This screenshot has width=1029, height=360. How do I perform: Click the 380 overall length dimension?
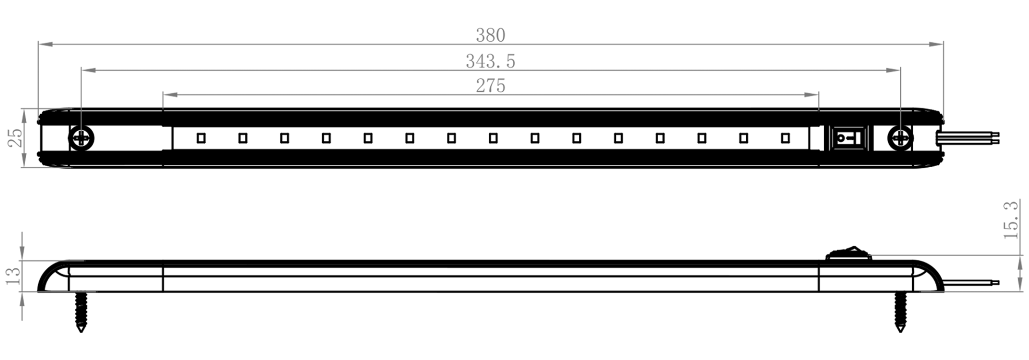point(490,35)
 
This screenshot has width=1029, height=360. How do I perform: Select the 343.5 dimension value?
point(490,62)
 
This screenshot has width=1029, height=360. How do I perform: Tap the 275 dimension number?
point(490,86)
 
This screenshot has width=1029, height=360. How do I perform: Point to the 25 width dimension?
point(16,138)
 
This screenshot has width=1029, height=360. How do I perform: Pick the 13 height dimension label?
point(13,276)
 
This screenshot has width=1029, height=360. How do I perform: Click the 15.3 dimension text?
point(1011,220)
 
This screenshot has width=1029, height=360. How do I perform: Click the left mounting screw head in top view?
point(81,139)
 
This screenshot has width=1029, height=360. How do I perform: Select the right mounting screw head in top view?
point(900,139)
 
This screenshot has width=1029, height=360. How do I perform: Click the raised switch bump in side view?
point(848,253)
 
